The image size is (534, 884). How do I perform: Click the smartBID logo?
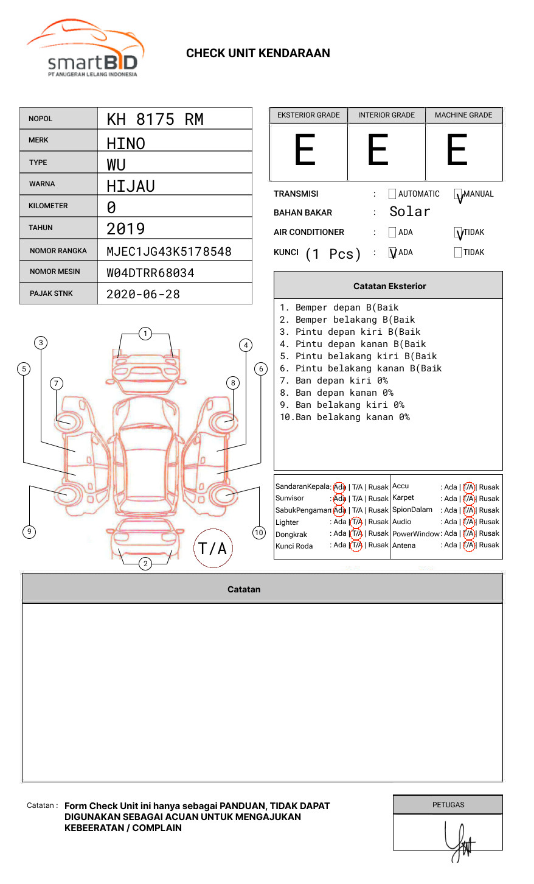coord(85,49)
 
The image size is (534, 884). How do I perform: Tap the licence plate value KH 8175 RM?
coord(155,119)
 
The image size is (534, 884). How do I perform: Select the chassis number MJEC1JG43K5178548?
coord(169,251)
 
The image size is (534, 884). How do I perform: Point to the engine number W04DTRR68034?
coord(150,273)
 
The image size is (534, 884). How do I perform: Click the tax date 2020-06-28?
coord(143,295)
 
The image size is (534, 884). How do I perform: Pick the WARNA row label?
coord(42,184)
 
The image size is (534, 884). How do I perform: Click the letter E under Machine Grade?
coord(457,150)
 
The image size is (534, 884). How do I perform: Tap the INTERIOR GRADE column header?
coord(386,115)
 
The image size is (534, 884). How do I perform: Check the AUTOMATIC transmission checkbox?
coord(392,194)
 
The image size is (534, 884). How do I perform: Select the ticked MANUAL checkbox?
coord(458,194)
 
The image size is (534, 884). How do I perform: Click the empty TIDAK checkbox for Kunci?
coord(458,253)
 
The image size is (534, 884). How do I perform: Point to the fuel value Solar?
coord(409,212)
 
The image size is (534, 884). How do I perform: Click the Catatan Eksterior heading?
coord(389,286)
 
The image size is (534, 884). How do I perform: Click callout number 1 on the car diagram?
coord(145,334)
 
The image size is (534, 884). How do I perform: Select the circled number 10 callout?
coord(259,533)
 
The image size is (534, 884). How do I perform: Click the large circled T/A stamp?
coord(213,548)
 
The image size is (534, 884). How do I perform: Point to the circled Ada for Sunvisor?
coord(339,499)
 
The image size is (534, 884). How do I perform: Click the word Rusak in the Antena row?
coord(488,545)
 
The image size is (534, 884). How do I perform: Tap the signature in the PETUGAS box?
coord(459,843)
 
